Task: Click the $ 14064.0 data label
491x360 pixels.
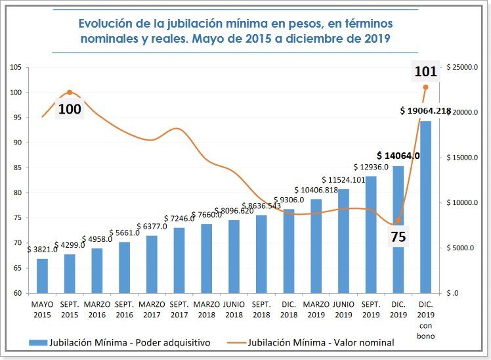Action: [x=398, y=156]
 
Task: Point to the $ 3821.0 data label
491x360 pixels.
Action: [x=42, y=249]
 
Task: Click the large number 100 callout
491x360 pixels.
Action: [x=70, y=109]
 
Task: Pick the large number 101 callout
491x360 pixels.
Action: [x=425, y=71]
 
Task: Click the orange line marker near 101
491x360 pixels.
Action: [x=425, y=87]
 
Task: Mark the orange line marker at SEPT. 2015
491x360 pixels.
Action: [x=70, y=92]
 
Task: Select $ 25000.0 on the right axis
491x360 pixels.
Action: [x=463, y=68]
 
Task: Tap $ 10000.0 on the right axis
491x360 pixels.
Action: [x=463, y=203]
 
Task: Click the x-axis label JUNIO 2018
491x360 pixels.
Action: [x=234, y=309]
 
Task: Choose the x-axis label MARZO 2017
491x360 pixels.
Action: [x=152, y=309]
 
